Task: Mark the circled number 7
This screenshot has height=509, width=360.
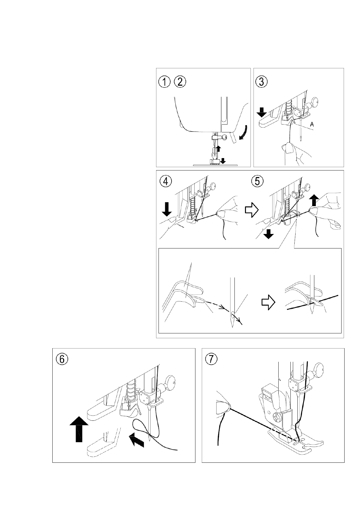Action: (x=211, y=360)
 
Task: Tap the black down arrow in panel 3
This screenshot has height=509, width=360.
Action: (x=262, y=113)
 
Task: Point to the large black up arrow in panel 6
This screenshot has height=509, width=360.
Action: (x=79, y=429)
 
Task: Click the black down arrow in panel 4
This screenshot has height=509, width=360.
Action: (x=167, y=209)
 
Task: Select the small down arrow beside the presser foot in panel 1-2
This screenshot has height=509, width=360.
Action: (x=223, y=161)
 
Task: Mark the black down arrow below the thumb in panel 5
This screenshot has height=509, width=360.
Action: (x=268, y=234)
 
